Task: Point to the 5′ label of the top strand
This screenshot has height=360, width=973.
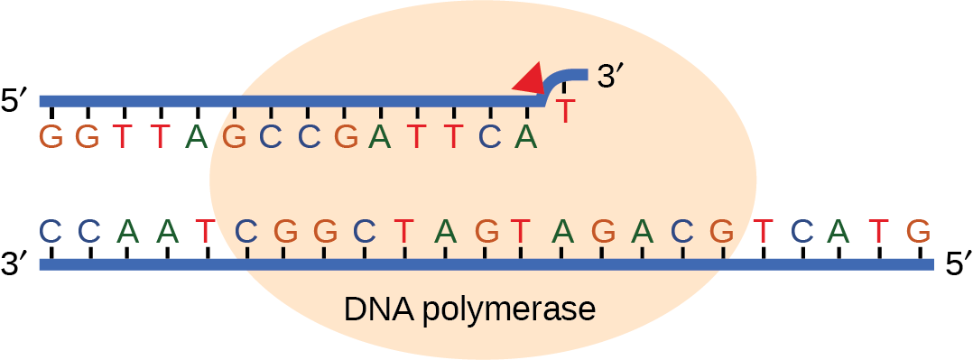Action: click(x=17, y=100)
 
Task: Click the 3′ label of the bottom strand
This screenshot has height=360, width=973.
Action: click(x=17, y=264)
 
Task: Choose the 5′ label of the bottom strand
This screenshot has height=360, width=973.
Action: click(x=955, y=264)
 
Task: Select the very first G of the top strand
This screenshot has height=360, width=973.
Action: click(x=51, y=138)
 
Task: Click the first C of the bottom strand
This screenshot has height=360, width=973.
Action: click(x=51, y=231)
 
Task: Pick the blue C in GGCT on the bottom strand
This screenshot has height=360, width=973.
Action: click(x=364, y=231)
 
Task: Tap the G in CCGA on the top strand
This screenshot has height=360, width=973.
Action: click(x=344, y=138)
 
